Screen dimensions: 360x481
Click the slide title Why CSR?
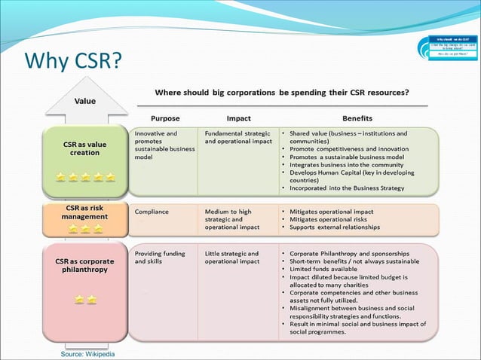tap(73, 60)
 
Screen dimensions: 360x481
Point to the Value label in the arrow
tap(84, 101)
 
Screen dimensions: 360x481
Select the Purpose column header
tap(165, 118)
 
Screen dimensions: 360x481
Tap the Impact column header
tap(238, 118)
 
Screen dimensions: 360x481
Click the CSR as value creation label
tap(84, 147)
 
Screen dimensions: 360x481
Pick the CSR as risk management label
tap(84, 212)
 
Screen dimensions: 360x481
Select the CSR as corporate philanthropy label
tap(84, 264)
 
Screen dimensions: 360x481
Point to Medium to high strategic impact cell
tap(232, 219)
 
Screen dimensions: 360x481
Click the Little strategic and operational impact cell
tap(232, 258)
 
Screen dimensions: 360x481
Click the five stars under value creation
tap(85, 177)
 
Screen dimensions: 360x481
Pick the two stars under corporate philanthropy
tap(85, 299)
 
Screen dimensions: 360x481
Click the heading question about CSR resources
tap(282, 93)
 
